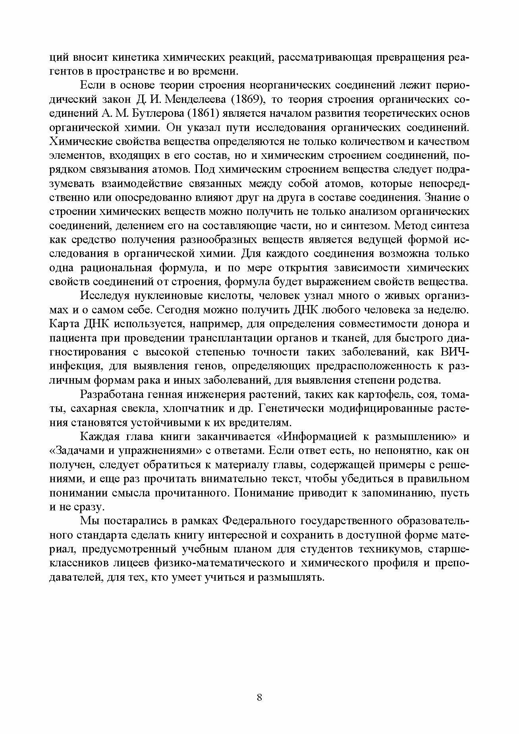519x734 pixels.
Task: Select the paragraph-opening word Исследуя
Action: coord(102,296)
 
